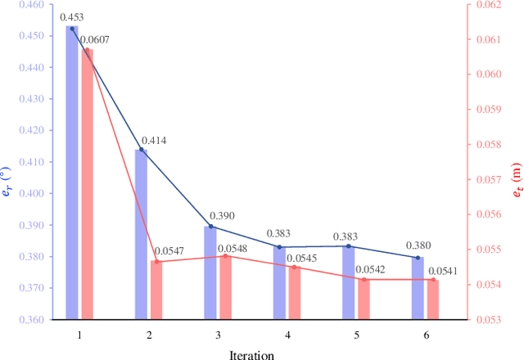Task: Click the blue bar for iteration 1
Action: pyautogui.click(x=72, y=172)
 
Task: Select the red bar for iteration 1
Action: pyautogui.click(x=87, y=184)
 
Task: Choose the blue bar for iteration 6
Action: pyautogui.click(x=418, y=288)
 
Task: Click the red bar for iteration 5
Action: pyautogui.click(x=364, y=299)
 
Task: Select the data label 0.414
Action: pyautogui.click(x=154, y=141)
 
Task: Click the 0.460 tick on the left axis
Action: pyautogui.click(x=33, y=5)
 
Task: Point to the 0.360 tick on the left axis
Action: pyautogui.click(x=33, y=320)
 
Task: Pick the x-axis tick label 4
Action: pyautogui.click(x=287, y=335)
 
